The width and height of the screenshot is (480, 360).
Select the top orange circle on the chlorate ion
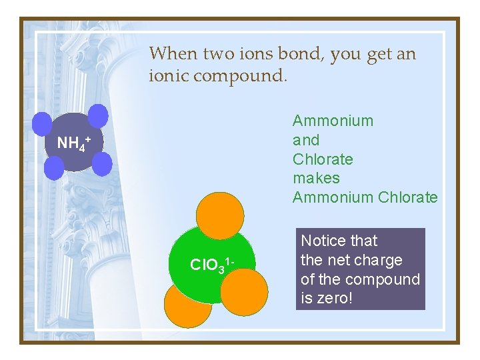click(x=220, y=215)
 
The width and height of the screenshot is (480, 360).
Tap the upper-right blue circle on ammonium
click(x=98, y=115)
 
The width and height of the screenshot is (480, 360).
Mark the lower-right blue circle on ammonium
click(x=101, y=161)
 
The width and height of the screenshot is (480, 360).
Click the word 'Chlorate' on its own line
click(x=323, y=159)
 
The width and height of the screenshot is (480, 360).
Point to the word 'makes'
click(x=316, y=178)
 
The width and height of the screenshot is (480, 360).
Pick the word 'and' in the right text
click(x=306, y=140)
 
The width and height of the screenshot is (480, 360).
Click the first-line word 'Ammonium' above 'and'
click(x=333, y=121)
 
